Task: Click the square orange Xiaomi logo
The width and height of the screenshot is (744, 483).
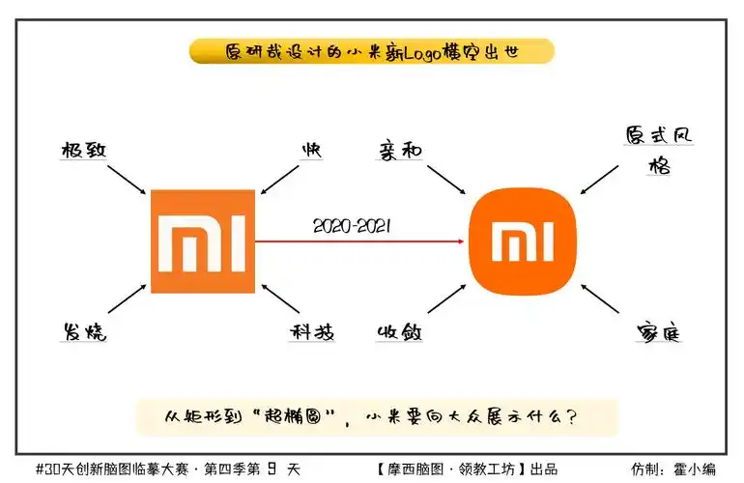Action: tap(202, 241)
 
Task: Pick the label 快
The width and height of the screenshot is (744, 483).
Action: tap(311, 150)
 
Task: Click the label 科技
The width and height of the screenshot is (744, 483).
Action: tap(312, 332)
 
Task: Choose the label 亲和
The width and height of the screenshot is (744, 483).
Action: tap(400, 150)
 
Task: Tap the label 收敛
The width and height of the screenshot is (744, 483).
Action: tap(400, 332)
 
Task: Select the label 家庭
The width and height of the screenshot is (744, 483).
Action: tap(660, 332)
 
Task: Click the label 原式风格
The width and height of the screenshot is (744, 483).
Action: tap(660, 150)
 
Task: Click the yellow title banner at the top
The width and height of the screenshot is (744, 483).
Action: tap(372, 51)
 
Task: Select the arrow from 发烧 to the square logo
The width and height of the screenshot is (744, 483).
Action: tap(127, 299)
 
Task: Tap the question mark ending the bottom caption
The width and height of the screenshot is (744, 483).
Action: tap(572, 417)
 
